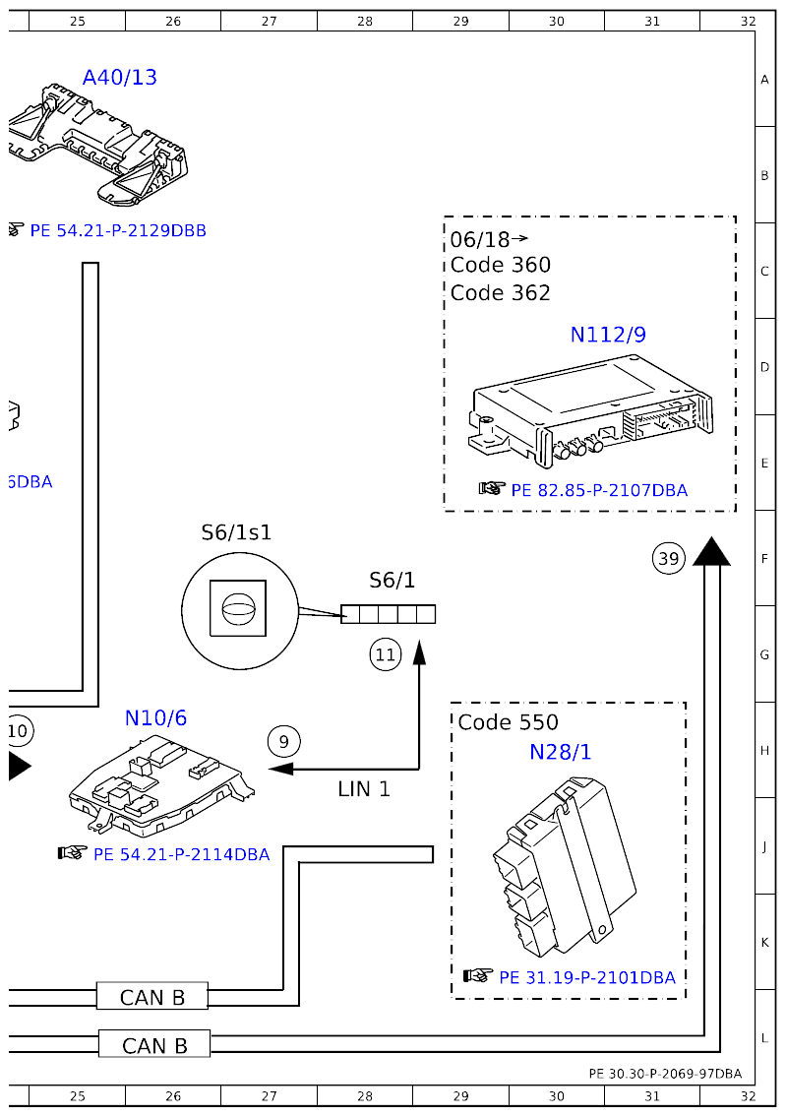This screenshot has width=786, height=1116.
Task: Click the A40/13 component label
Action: point(120,77)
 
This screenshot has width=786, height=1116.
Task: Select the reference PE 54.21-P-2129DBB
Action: point(118,231)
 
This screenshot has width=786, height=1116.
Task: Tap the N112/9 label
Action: point(608,335)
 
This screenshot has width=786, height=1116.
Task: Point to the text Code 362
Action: point(501,293)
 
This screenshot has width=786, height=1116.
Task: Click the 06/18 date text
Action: point(480,239)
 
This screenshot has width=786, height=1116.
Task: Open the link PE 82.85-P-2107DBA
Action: point(598,490)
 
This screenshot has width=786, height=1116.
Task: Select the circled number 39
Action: point(668,559)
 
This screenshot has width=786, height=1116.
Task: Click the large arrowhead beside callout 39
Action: point(711,552)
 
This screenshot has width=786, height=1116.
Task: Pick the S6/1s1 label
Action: point(236,532)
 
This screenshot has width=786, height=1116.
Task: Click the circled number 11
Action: point(385,653)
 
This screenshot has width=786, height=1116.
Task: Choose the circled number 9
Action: point(283,740)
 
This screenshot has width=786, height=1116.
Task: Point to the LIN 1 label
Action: point(364,789)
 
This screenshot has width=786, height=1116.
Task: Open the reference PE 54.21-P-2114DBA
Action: point(181,854)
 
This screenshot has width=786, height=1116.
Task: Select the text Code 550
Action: point(508,722)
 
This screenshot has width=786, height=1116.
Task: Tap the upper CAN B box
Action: point(152,997)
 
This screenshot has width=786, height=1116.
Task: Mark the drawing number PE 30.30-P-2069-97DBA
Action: point(665,1074)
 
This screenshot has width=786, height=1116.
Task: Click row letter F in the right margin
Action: point(764,558)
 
